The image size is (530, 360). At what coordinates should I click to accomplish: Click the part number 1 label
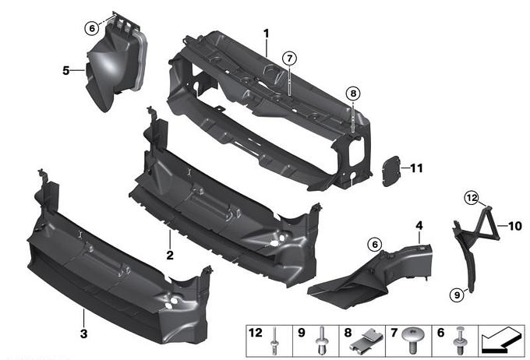pyautogui.click(x=267, y=34)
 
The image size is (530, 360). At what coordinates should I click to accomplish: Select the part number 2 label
pyautogui.click(x=170, y=255)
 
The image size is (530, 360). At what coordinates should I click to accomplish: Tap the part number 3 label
pyautogui.click(x=84, y=334)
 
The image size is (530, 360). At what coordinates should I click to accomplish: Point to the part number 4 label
pyautogui.click(x=419, y=225)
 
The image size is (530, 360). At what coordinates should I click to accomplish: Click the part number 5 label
pyautogui.click(x=66, y=70)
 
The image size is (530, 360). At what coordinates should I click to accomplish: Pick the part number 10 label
pyautogui.click(x=515, y=226)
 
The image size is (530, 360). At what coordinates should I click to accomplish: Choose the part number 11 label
pyautogui.click(x=416, y=168)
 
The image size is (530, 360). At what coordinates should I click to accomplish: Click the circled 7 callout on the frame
pyautogui.click(x=290, y=58)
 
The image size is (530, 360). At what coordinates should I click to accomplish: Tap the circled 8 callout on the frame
pyautogui.click(x=353, y=93)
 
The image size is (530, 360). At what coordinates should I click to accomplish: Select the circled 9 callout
pyautogui.click(x=457, y=295)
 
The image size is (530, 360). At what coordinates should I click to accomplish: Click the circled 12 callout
pyautogui.click(x=472, y=198)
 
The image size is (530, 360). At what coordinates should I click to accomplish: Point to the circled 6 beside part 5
pyautogui.click(x=92, y=28)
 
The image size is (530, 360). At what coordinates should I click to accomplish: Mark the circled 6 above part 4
pyautogui.click(x=375, y=244)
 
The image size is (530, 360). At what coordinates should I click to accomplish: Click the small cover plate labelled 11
pyautogui.click(x=391, y=171)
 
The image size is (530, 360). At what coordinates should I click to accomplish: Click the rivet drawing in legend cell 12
pyautogui.click(x=274, y=341)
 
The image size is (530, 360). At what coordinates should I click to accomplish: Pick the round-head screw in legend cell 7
pyautogui.click(x=412, y=340)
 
